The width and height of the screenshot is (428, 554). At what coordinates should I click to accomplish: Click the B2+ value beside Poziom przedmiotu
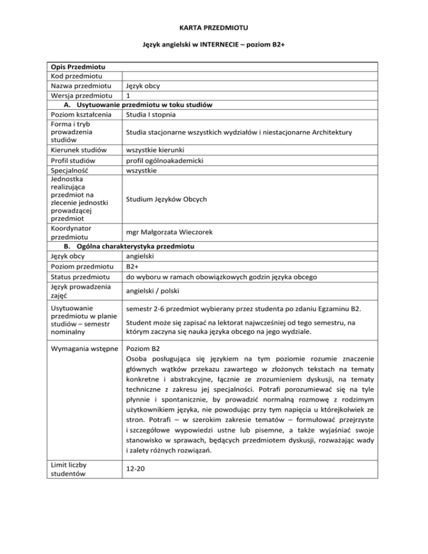(x=132, y=266)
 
